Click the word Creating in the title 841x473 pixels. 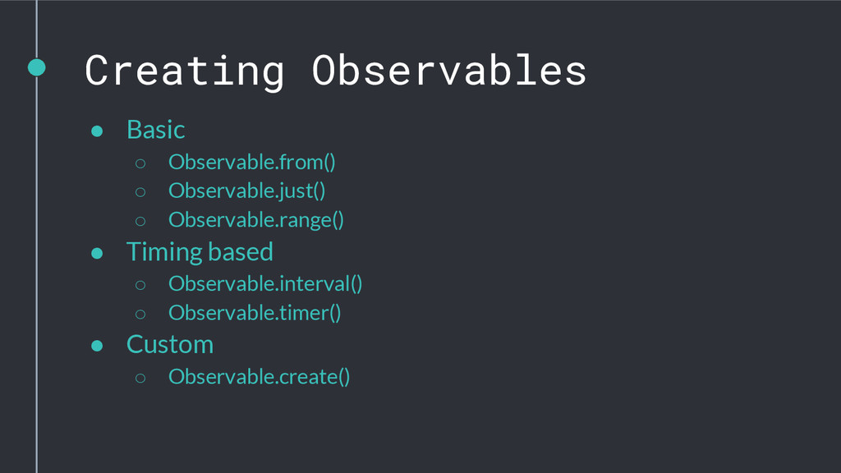tap(184, 71)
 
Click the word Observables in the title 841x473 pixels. tap(449, 70)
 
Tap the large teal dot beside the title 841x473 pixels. tap(36, 67)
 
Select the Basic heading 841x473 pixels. tap(155, 130)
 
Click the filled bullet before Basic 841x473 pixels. tap(97, 131)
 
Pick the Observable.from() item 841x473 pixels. tap(251, 162)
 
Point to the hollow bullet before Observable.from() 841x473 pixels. tap(140, 163)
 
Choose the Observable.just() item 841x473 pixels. tap(246, 191)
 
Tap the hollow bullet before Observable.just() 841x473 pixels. tap(140, 192)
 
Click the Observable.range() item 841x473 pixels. tap(256, 220)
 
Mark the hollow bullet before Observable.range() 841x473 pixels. tap(140, 221)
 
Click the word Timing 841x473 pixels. tap(163, 253)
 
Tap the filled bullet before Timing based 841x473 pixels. tap(97, 253)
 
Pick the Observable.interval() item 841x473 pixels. tap(265, 283)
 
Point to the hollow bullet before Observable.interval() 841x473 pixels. tap(140, 285)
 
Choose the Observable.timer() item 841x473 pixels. tap(255, 313)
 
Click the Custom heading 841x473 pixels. tap(170, 344)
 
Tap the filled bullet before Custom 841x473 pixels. tap(97, 346)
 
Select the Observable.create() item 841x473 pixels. tap(259, 376)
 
